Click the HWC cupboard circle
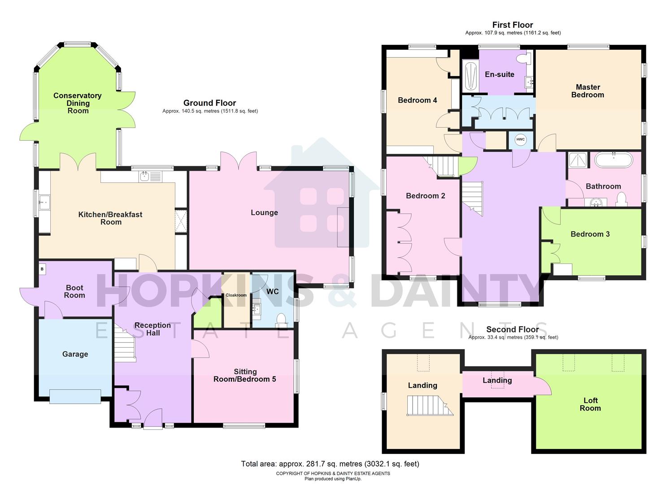coord(520,139)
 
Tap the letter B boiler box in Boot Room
coord(43,269)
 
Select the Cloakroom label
coord(236,295)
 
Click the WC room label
coord(273,291)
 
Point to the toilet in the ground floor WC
coord(281,319)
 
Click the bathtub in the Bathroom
coord(614,160)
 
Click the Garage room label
coord(75,354)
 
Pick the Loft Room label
coord(590,404)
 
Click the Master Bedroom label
coord(588,91)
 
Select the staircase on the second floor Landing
coord(429,405)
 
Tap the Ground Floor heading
coord(209,103)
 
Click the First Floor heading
coord(513,25)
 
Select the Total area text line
coord(330,464)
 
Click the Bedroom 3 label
coord(590,234)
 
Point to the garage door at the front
coord(75,397)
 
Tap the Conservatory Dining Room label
coord(78,103)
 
